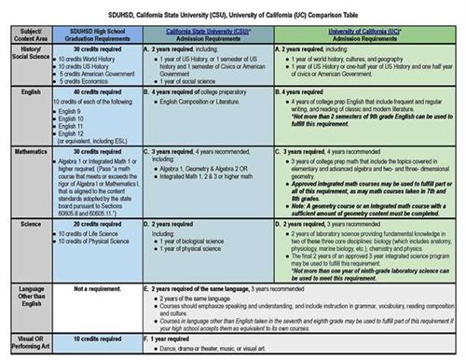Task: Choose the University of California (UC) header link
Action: [x=366, y=30]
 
